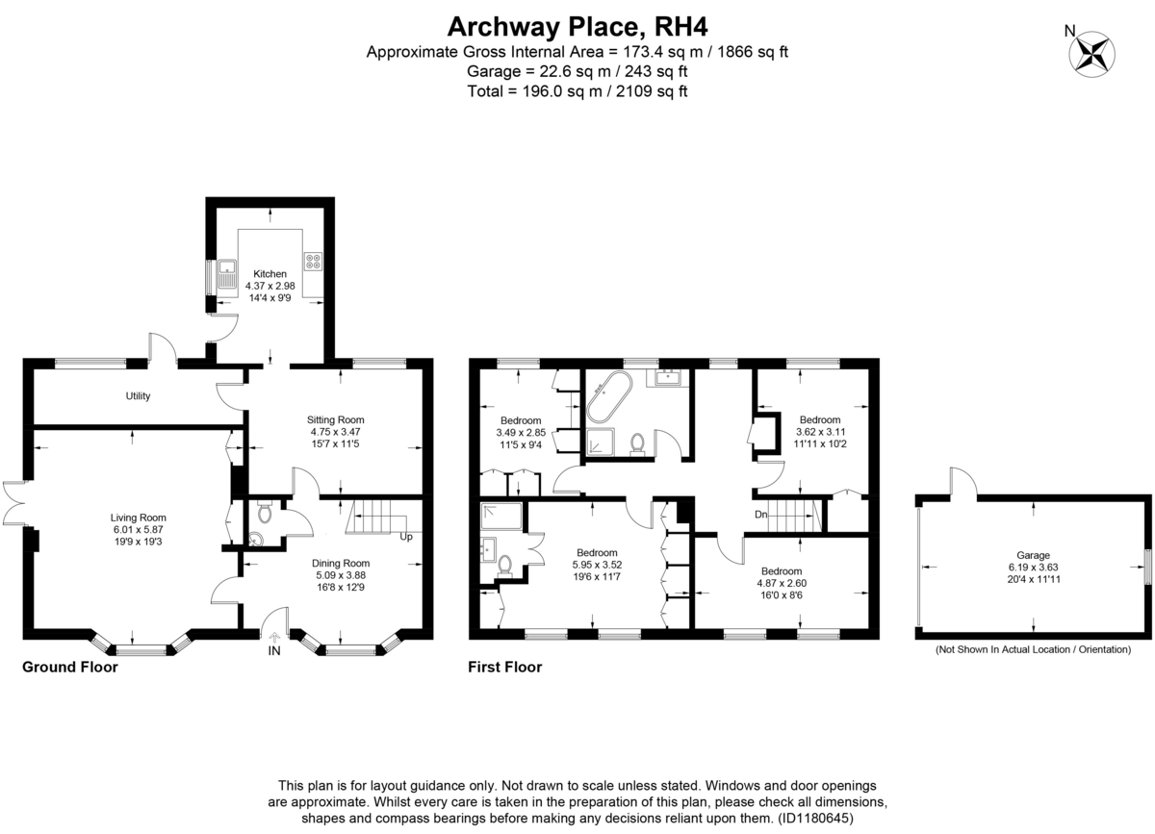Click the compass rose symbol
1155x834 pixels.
tap(1091, 55)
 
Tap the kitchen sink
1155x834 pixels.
tap(226, 274)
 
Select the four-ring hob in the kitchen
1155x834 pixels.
tap(313, 261)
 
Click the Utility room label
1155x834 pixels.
tap(139, 396)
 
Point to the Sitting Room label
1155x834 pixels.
tap(336, 419)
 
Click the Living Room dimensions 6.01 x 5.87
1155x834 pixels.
tap(139, 529)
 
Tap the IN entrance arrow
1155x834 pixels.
tap(274, 637)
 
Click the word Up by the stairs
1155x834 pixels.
tap(406, 537)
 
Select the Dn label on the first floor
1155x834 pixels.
tap(761, 515)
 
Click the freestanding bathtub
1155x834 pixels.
tap(609, 396)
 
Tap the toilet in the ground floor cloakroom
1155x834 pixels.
tap(265, 512)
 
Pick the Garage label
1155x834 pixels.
tap(1034, 555)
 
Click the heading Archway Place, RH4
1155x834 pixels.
tap(577, 27)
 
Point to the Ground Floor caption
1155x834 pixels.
tap(70, 667)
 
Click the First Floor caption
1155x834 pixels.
tap(504, 667)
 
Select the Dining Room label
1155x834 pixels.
tap(341, 564)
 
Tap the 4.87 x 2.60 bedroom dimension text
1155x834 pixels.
tap(782, 583)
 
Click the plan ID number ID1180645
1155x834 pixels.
tap(815, 818)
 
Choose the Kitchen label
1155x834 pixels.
tap(269, 274)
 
